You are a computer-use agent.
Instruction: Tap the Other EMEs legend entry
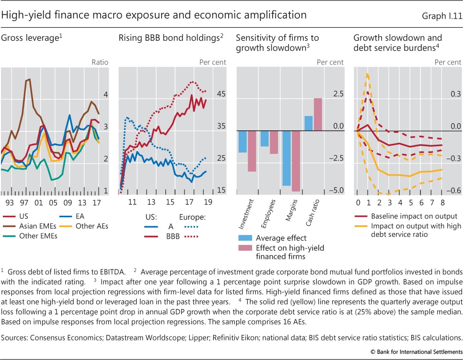click(x=36, y=235)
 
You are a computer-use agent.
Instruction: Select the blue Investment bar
click(x=243, y=141)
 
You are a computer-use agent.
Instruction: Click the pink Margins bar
click(x=295, y=161)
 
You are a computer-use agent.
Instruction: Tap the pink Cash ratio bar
click(x=318, y=114)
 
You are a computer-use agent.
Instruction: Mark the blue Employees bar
click(x=265, y=139)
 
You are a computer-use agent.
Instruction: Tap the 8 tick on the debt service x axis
click(x=442, y=202)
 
